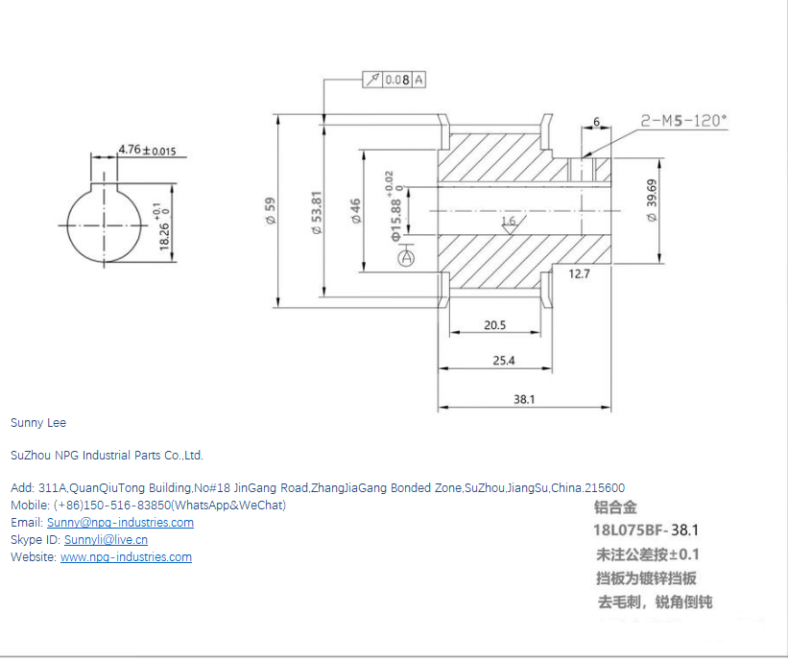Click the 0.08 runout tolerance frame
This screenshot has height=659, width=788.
point(394,80)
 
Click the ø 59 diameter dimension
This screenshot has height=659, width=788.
point(270,210)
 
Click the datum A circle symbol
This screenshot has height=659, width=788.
point(406,257)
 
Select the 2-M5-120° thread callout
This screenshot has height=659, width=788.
point(683,121)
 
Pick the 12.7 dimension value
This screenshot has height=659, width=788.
point(579,274)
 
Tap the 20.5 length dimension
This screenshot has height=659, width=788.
point(494,325)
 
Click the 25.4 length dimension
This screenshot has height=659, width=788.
point(504,361)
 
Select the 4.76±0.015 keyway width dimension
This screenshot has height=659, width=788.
point(146,151)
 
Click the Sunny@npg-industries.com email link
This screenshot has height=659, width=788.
point(120,523)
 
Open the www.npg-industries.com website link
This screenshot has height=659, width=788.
point(126,557)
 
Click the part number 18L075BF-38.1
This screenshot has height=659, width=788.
point(645,530)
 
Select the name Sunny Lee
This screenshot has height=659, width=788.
point(38,422)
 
